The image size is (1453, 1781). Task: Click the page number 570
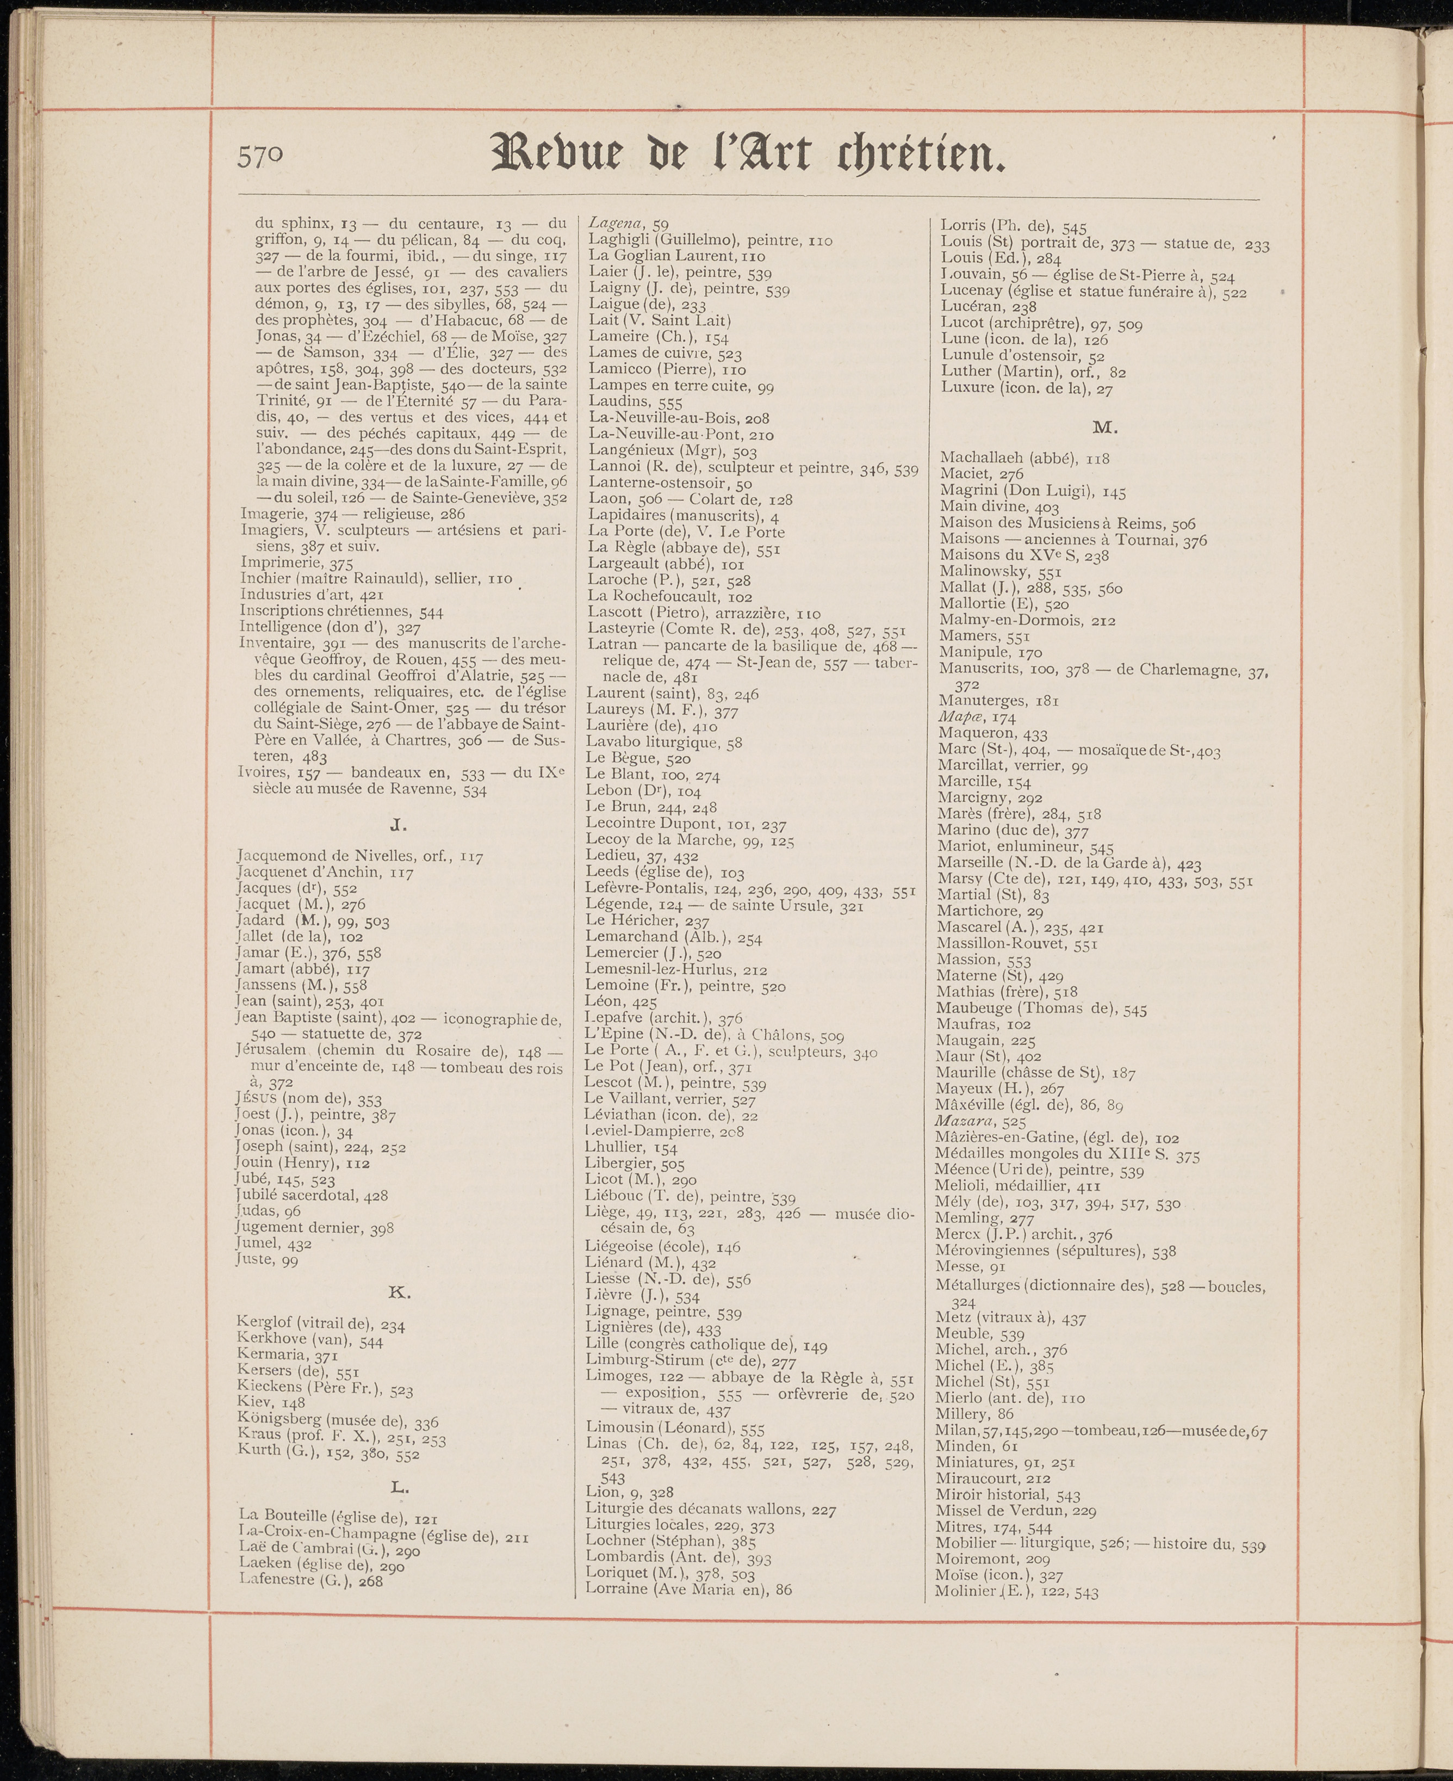pyautogui.click(x=261, y=157)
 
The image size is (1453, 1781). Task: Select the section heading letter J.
pyautogui.click(x=399, y=826)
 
